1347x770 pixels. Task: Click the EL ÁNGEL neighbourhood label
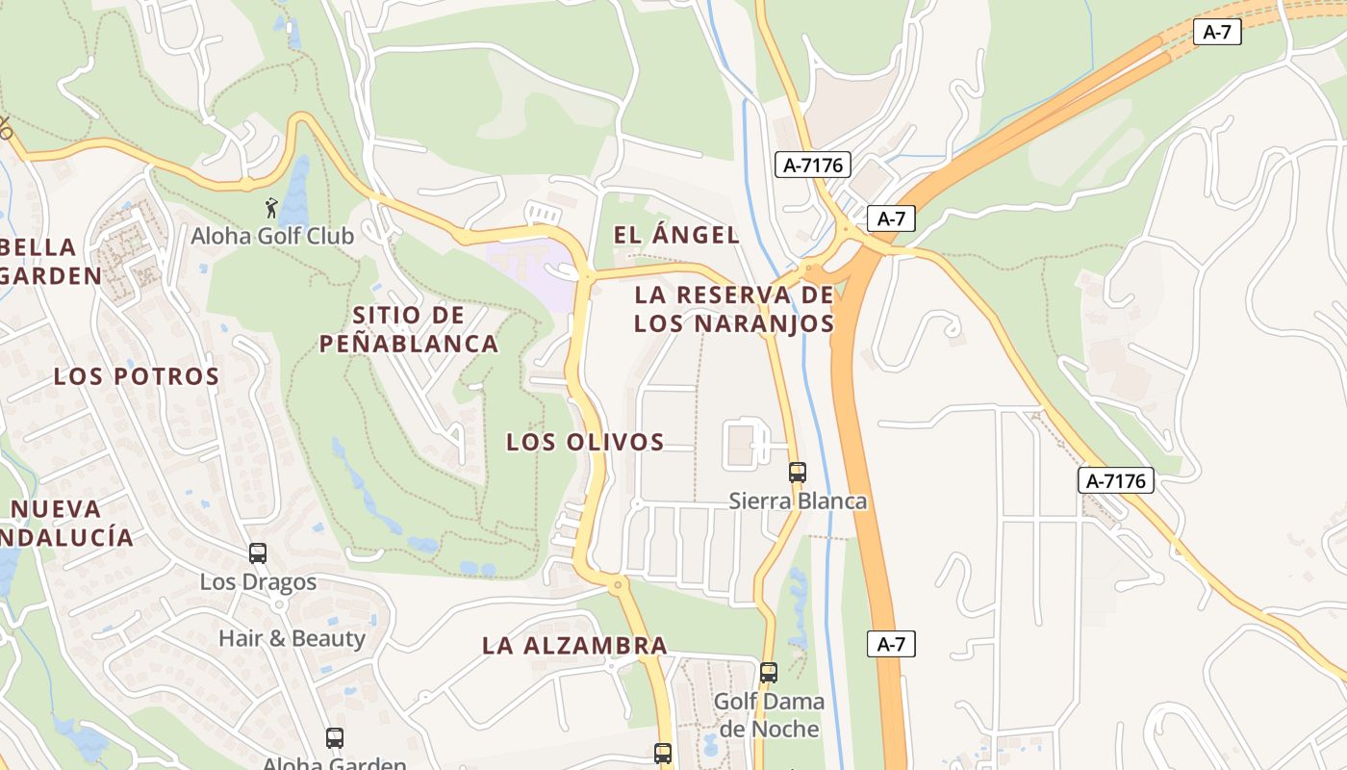(x=676, y=235)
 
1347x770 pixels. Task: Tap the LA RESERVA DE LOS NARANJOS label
(x=733, y=309)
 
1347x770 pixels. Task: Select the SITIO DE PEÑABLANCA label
(x=409, y=329)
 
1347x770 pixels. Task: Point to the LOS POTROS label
(x=137, y=376)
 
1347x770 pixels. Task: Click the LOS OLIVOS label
(x=585, y=443)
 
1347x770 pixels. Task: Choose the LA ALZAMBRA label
(x=574, y=646)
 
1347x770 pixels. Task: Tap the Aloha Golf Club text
(x=272, y=236)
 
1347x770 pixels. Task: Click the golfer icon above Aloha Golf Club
(x=272, y=207)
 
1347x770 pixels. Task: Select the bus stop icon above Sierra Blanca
(x=798, y=473)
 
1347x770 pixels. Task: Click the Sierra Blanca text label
(x=798, y=501)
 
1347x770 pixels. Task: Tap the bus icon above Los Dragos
(x=258, y=553)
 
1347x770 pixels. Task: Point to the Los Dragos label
(x=258, y=582)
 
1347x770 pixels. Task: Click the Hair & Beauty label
(x=292, y=638)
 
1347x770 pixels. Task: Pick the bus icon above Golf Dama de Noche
(x=768, y=673)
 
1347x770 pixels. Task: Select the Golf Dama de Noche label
(x=769, y=715)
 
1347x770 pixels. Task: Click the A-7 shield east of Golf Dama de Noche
(x=892, y=644)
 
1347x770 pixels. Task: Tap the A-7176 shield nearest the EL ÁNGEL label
(x=813, y=165)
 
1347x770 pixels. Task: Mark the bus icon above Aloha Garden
(x=334, y=738)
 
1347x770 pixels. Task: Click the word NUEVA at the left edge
(x=56, y=509)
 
